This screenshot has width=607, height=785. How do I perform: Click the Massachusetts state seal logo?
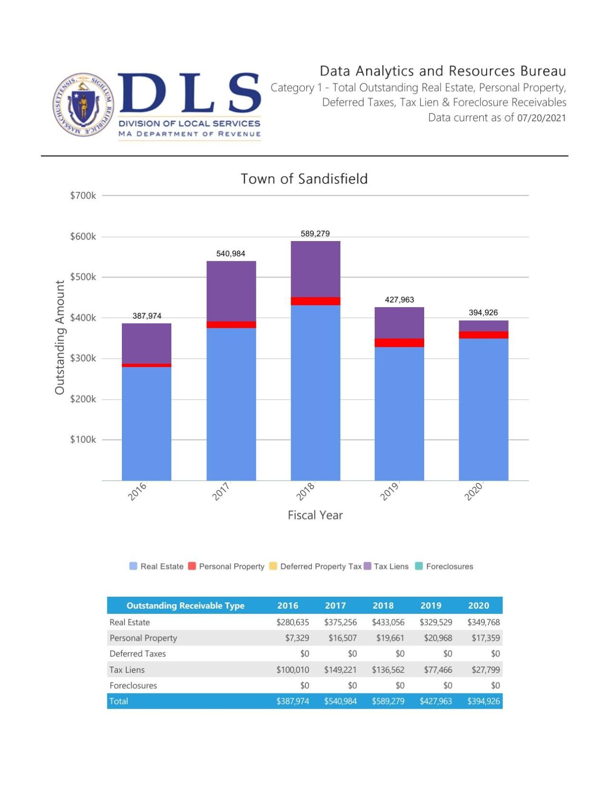click(x=83, y=105)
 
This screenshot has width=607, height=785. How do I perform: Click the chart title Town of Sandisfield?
click(x=304, y=179)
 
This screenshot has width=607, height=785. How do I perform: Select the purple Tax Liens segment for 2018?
click(x=315, y=269)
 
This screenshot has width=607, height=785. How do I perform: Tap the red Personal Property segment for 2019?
click(x=399, y=343)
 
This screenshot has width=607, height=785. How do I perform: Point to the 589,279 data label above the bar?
click(x=315, y=234)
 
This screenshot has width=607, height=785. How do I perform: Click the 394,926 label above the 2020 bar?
click(x=483, y=312)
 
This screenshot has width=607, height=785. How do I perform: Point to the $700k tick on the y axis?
click(x=83, y=196)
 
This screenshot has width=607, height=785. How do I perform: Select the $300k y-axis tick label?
click(x=83, y=358)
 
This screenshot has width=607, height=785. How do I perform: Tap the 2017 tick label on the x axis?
click(x=221, y=492)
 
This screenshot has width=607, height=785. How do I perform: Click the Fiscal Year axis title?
click(x=315, y=515)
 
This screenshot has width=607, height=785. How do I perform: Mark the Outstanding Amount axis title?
click(x=60, y=337)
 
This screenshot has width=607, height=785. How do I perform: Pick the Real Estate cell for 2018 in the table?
click(x=388, y=622)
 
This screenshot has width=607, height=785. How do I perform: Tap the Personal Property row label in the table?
click(x=143, y=638)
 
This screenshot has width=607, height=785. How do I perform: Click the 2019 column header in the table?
click(x=430, y=605)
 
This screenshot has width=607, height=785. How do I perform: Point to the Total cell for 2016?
click(x=292, y=701)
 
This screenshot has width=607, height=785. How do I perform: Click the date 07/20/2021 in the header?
click(x=541, y=118)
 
